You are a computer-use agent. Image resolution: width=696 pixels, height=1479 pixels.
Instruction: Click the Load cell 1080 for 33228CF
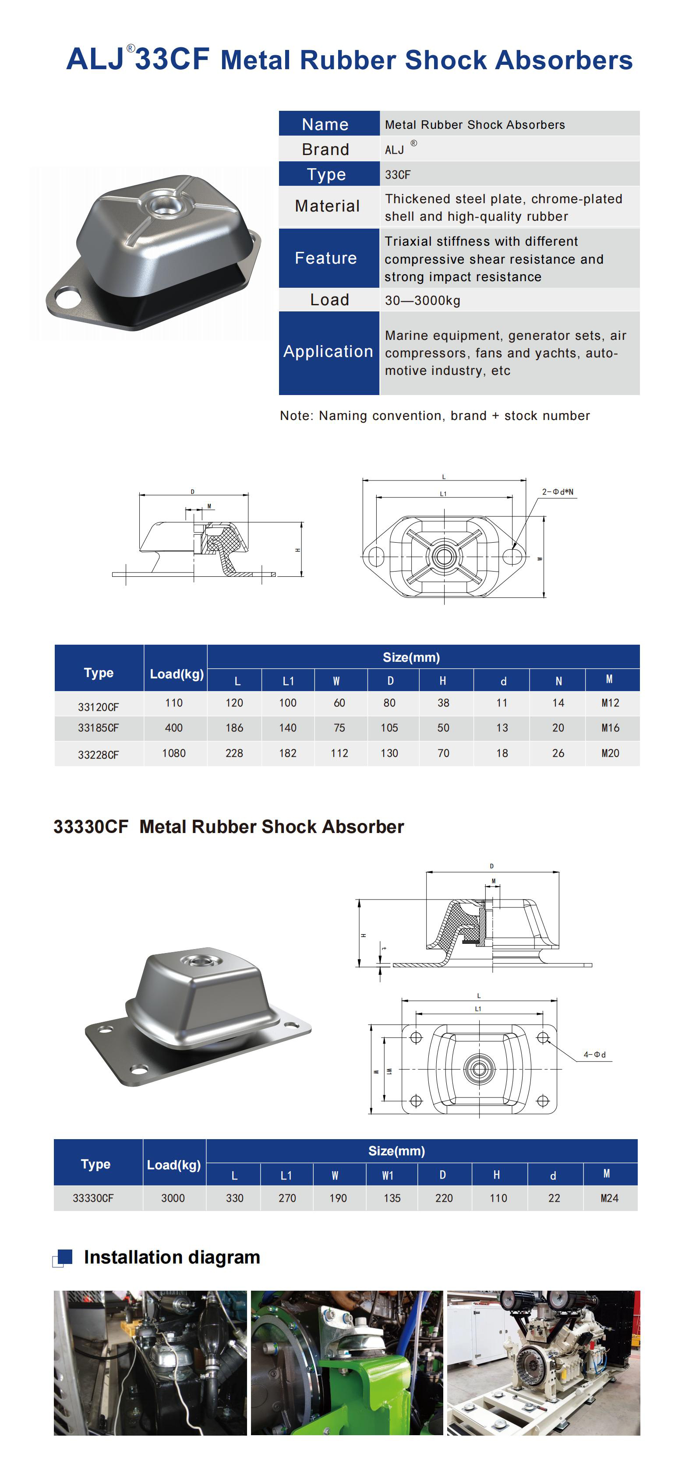[173, 753]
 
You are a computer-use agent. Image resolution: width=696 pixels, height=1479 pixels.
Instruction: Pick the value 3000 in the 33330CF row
[173, 1198]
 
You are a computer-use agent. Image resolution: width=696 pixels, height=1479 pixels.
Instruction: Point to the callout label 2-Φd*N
[557, 492]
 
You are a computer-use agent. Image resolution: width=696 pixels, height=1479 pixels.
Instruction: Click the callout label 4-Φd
[594, 1054]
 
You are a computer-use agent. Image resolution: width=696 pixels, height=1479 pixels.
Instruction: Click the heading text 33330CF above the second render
[91, 826]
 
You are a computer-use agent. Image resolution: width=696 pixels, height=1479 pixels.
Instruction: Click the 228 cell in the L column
[234, 753]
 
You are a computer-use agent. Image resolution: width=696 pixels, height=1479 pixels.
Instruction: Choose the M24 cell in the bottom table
[609, 1198]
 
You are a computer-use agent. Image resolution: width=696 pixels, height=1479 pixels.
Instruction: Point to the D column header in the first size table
[390, 680]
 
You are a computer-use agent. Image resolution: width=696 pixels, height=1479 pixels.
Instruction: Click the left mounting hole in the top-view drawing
[375, 556]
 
